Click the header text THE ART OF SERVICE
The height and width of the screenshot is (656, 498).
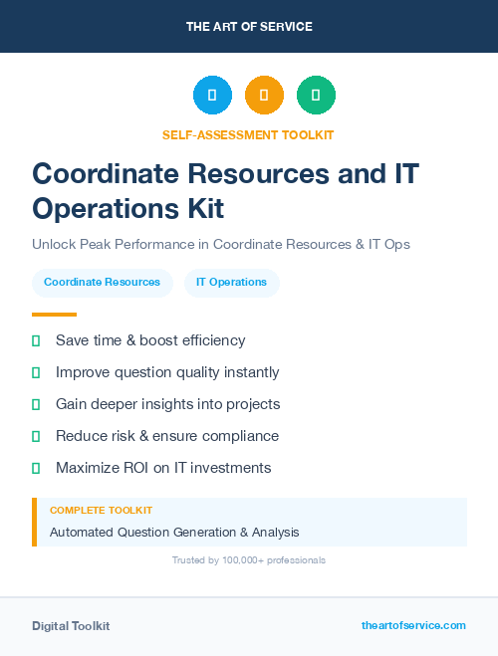pyautogui.click(x=249, y=27)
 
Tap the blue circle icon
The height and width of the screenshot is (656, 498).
pyautogui.click(x=212, y=95)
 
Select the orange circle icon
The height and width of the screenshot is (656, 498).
pyautogui.click(x=264, y=95)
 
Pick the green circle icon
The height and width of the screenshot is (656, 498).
pyautogui.click(x=316, y=95)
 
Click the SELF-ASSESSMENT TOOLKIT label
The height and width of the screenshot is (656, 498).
pyautogui.click(x=248, y=134)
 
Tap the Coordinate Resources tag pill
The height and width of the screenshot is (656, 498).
pyautogui.click(x=102, y=282)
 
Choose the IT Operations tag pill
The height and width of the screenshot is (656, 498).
pyautogui.click(x=231, y=282)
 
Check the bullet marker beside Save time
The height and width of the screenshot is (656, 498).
pyautogui.click(x=36, y=340)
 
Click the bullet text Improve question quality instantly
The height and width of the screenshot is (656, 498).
pyautogui.click(x=167, y=372)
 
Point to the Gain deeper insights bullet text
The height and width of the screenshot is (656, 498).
pyautogui.click(x=167, y=404)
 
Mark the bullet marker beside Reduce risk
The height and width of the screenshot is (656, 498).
pyautogui.click(x=36, y=436)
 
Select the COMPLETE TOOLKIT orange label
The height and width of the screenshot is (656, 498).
pyautogui.click(x=101, y=511)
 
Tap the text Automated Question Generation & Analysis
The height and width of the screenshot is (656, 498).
pyautogui.click(x=174, y=532)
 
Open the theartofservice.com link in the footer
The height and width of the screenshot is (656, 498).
pyautogui.click(x=413, y=625)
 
